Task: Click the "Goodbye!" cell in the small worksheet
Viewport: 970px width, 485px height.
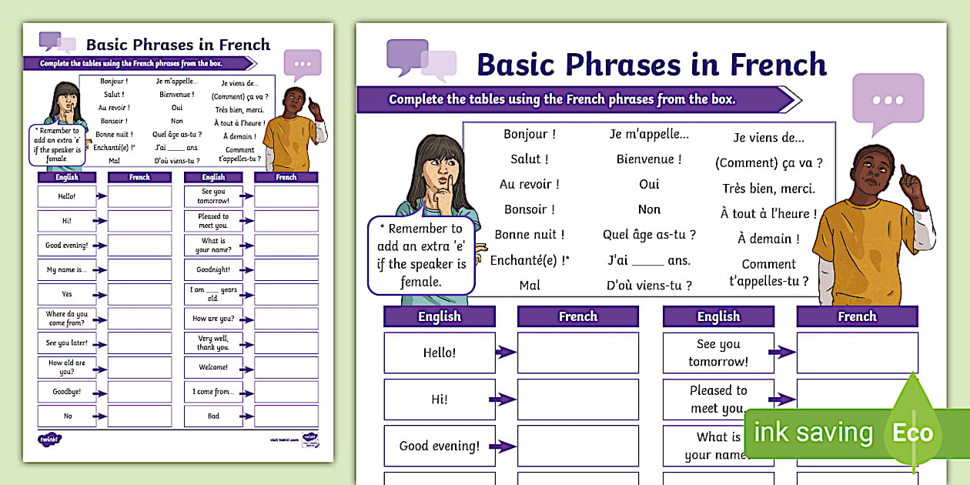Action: [67, 391]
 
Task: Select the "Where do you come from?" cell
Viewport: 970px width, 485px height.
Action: [67, 318]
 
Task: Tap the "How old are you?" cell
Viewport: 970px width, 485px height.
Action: [67, 366]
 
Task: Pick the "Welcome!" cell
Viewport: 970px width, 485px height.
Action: [213, 367]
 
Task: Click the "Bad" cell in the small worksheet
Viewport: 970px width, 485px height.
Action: [213, 416]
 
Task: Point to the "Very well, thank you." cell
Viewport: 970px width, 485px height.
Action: [213, 343]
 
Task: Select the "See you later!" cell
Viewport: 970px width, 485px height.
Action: [67, 343]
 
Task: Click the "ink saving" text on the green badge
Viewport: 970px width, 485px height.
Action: [813, 433]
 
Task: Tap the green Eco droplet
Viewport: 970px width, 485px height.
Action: [912, 427]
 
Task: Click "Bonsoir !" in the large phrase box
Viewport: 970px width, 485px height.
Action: [530, 209]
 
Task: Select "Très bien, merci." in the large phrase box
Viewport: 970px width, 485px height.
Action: [768, 189]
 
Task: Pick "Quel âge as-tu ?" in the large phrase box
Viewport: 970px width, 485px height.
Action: [649, 235]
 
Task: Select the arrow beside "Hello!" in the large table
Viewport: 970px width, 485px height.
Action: [505, 353]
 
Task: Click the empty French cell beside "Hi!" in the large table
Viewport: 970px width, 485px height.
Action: [577, 400]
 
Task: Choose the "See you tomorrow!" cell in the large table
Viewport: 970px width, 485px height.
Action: [717, 353]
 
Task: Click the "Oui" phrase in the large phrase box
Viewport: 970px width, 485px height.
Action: [649, 185]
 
